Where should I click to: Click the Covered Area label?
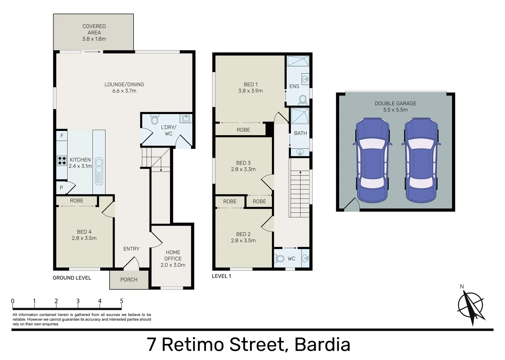[94, 32]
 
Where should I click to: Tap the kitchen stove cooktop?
[62, 161]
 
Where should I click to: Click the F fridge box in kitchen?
[62, 136]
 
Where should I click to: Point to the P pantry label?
[61, 188]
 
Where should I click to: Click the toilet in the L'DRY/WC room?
[155, 120]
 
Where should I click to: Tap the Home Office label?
[173, 255]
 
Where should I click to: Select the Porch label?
[129, 280]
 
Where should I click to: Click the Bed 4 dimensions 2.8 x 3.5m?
[84, 238]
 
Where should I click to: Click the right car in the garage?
[421, 160]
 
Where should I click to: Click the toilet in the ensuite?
[303, 99]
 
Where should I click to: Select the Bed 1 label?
[251, 84]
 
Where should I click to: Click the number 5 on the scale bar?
[121, 301]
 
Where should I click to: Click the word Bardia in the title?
[322, 345]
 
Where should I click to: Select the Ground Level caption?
[72, 278]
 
